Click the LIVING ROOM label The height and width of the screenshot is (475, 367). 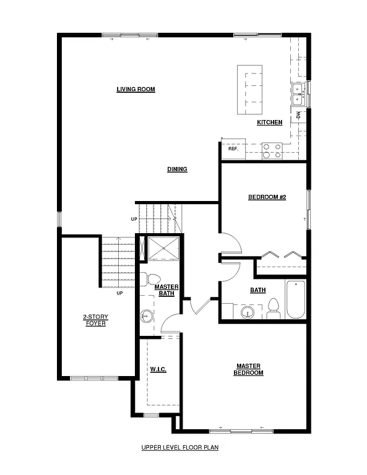tap(136, 90)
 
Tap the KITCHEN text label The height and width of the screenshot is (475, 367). tap(270, 122)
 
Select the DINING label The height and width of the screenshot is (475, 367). tap(177, 169)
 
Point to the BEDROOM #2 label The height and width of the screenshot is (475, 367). tap(266, 197)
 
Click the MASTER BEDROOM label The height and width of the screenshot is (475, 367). tap(248, 369)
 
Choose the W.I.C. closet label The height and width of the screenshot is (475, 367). tap(158, 369)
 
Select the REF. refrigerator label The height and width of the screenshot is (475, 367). tap(233, 149)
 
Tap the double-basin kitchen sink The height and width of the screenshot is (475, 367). tap(299, 94)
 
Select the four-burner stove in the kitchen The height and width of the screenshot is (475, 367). tap(272, 149)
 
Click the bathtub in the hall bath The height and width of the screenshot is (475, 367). tap(296, 300)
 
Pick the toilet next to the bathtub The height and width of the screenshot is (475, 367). tap(272, 307)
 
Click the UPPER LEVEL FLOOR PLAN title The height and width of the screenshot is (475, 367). tap(179, 447)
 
